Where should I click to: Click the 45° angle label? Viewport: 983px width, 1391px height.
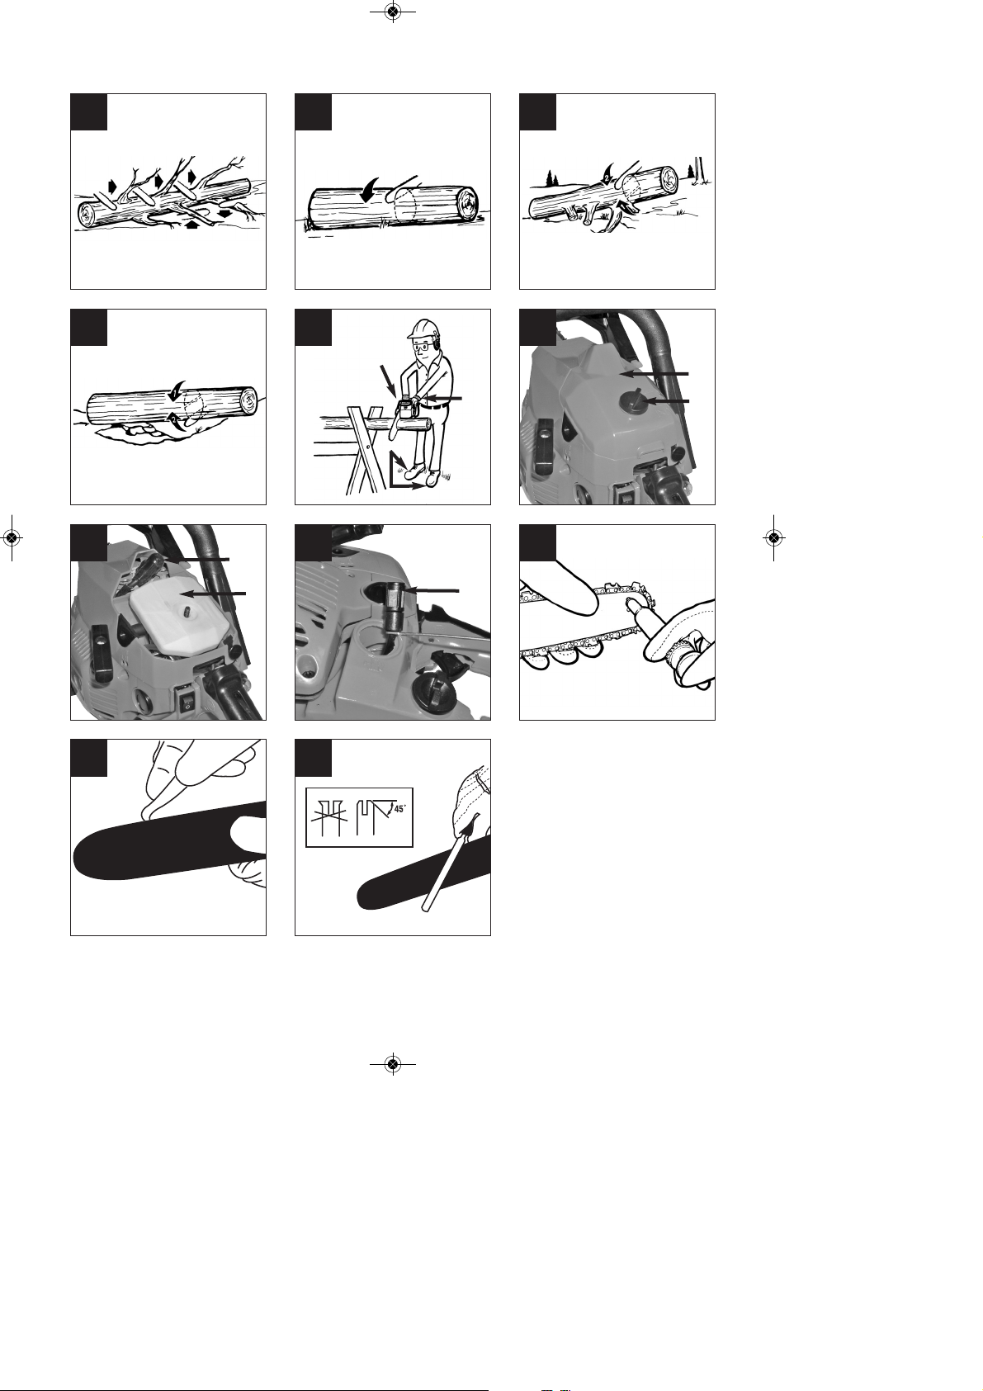(x=400, y=808)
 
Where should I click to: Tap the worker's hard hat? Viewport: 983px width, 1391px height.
(x=420, y=329)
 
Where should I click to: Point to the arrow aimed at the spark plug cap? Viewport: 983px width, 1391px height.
(x=431, y=590)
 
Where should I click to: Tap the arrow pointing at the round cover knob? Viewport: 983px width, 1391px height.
(x=666, y=402)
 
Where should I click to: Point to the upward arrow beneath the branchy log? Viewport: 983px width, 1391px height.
(x=195, y=224)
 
